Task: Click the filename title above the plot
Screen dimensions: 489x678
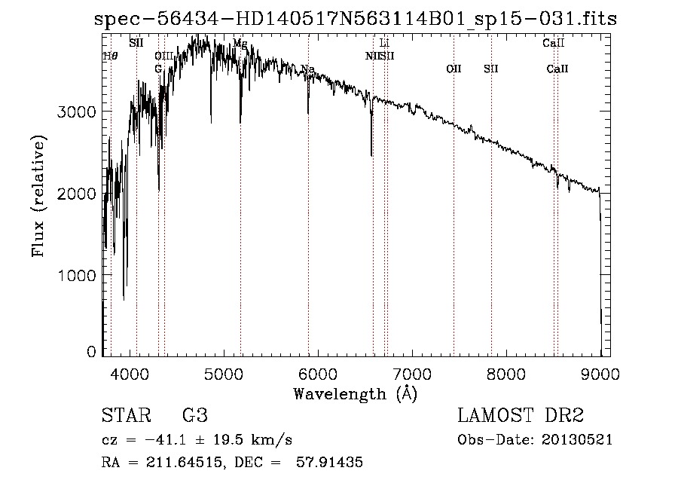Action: [355, 19]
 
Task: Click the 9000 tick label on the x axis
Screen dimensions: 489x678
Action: [600, 372]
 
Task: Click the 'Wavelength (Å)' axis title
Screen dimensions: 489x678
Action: [354, 393]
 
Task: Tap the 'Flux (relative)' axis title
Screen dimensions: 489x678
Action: [38, 196]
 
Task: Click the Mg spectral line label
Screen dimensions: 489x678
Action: [240, 44]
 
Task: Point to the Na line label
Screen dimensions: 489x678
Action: [307, 69]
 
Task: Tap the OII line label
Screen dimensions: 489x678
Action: [454, 69]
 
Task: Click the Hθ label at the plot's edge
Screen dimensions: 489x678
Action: [110, 56]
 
